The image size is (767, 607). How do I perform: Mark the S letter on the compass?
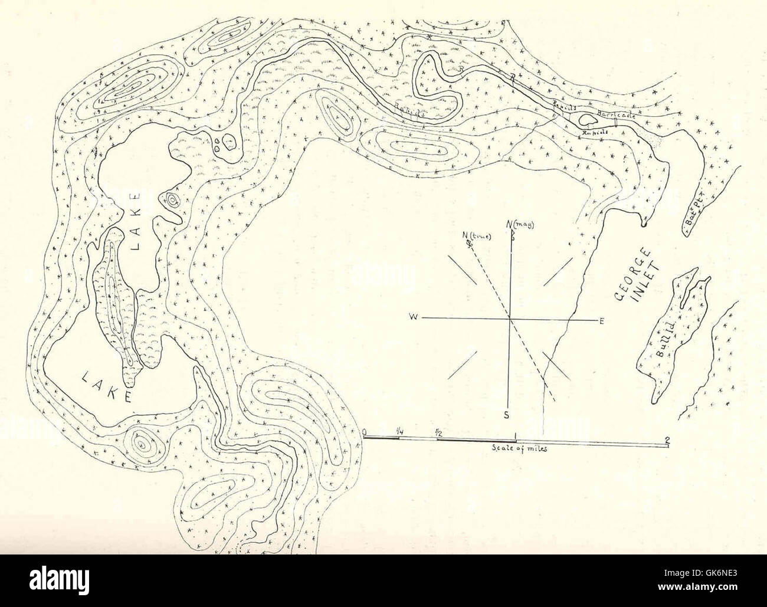click(x=506, y=414)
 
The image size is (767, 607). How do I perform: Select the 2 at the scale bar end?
click(x=667, y=439)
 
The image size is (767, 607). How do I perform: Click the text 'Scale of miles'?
click(x=520, y=449)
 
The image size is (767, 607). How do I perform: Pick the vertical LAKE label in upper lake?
click(x=137, y=221)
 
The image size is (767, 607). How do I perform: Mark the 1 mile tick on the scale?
click(x=517, y=438)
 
